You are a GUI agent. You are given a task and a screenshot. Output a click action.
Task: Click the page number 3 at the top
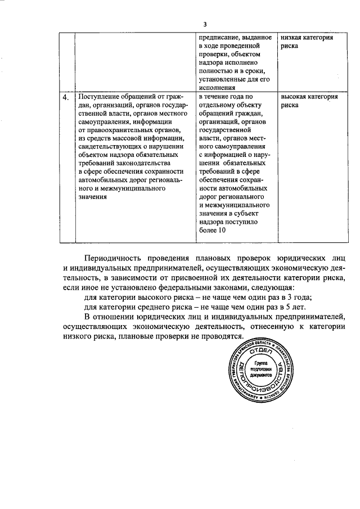pyautogui.click(x=205, y=24)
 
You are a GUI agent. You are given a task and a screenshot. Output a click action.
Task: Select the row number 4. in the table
pyautogui.click(x=66, y=97)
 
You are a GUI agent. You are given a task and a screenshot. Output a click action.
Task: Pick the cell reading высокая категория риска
pyautogui.click(x=309, y=101)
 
